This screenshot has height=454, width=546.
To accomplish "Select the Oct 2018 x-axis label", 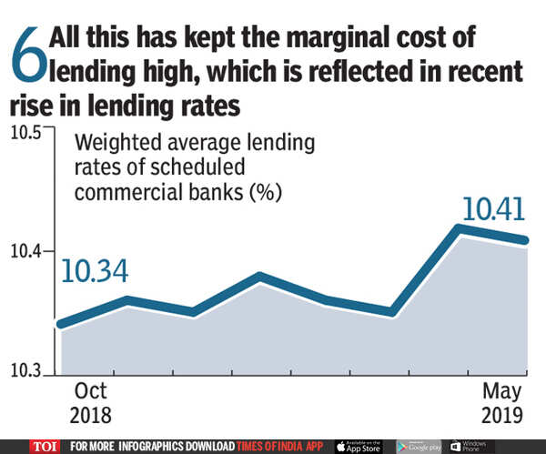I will click(91, 404).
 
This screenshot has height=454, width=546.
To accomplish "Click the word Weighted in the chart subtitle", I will click(116, 145).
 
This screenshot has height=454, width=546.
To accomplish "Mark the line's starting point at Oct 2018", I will click(61, 323).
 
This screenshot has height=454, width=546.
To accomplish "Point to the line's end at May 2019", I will click(525, 240).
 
